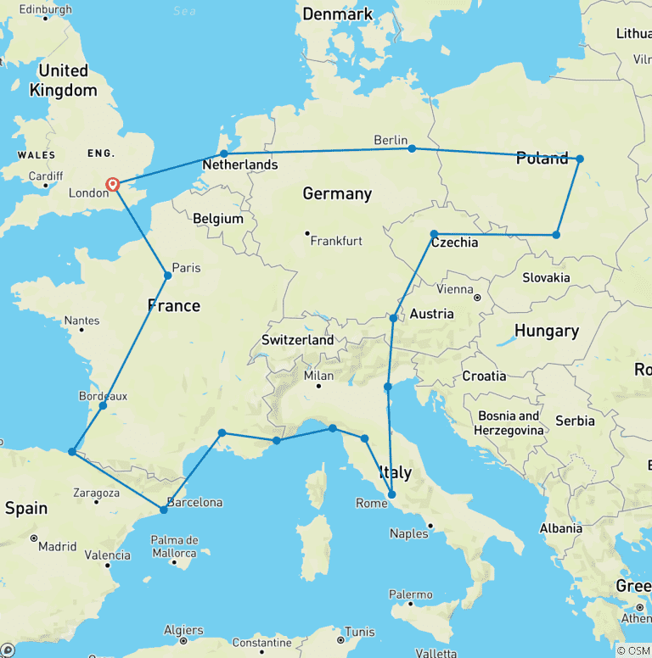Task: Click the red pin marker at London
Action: click(112, 184)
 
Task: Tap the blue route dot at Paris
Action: click(168, 276)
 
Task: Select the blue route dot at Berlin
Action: click(412, 148)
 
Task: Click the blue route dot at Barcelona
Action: click(163, 510)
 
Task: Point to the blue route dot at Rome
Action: click(392, 494)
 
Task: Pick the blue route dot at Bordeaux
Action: click(103, 405)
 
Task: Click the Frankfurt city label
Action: click(336, 241)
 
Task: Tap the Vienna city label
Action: click(455, 290)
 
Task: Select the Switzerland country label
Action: click(297, 339)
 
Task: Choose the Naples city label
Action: click(409, 533)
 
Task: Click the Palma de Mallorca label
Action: click(174, 546)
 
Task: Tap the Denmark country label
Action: click(337, 14)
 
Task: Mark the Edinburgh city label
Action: click(44, 9)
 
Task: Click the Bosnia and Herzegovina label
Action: click(509, 423)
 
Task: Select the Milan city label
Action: click(319, 376)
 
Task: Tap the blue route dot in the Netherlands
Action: click(224, 153)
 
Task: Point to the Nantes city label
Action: click(81, 321)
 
